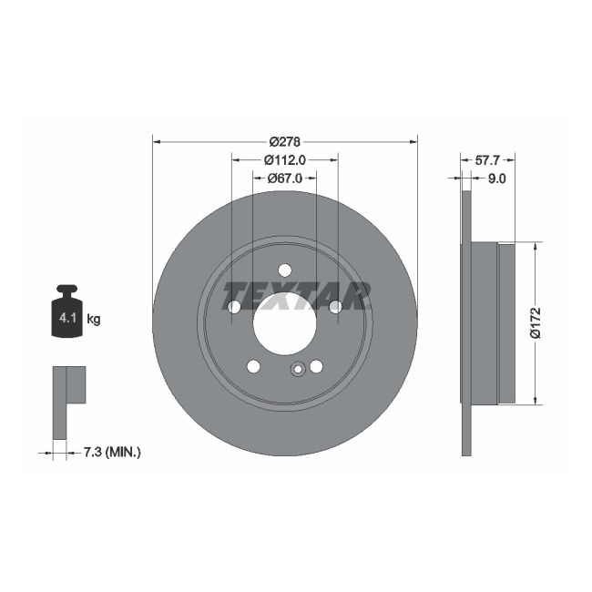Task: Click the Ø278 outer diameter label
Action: (285, 141)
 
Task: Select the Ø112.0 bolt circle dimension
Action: (284, 159)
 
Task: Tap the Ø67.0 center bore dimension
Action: (284, 179)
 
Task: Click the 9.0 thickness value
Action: (496, 179)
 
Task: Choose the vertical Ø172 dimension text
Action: (536, 322)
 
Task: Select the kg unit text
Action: (93, 319)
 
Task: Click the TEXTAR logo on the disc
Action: (297, 294)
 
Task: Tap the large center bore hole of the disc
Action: (284, 323)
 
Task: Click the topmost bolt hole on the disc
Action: (284, 270)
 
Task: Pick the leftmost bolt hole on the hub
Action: (233, 308)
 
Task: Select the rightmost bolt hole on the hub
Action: (335, 308)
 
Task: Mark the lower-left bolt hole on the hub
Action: (253, 366)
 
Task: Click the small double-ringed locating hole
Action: (296, 370)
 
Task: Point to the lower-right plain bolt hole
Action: (316, 366)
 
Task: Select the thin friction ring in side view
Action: (467, 322)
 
